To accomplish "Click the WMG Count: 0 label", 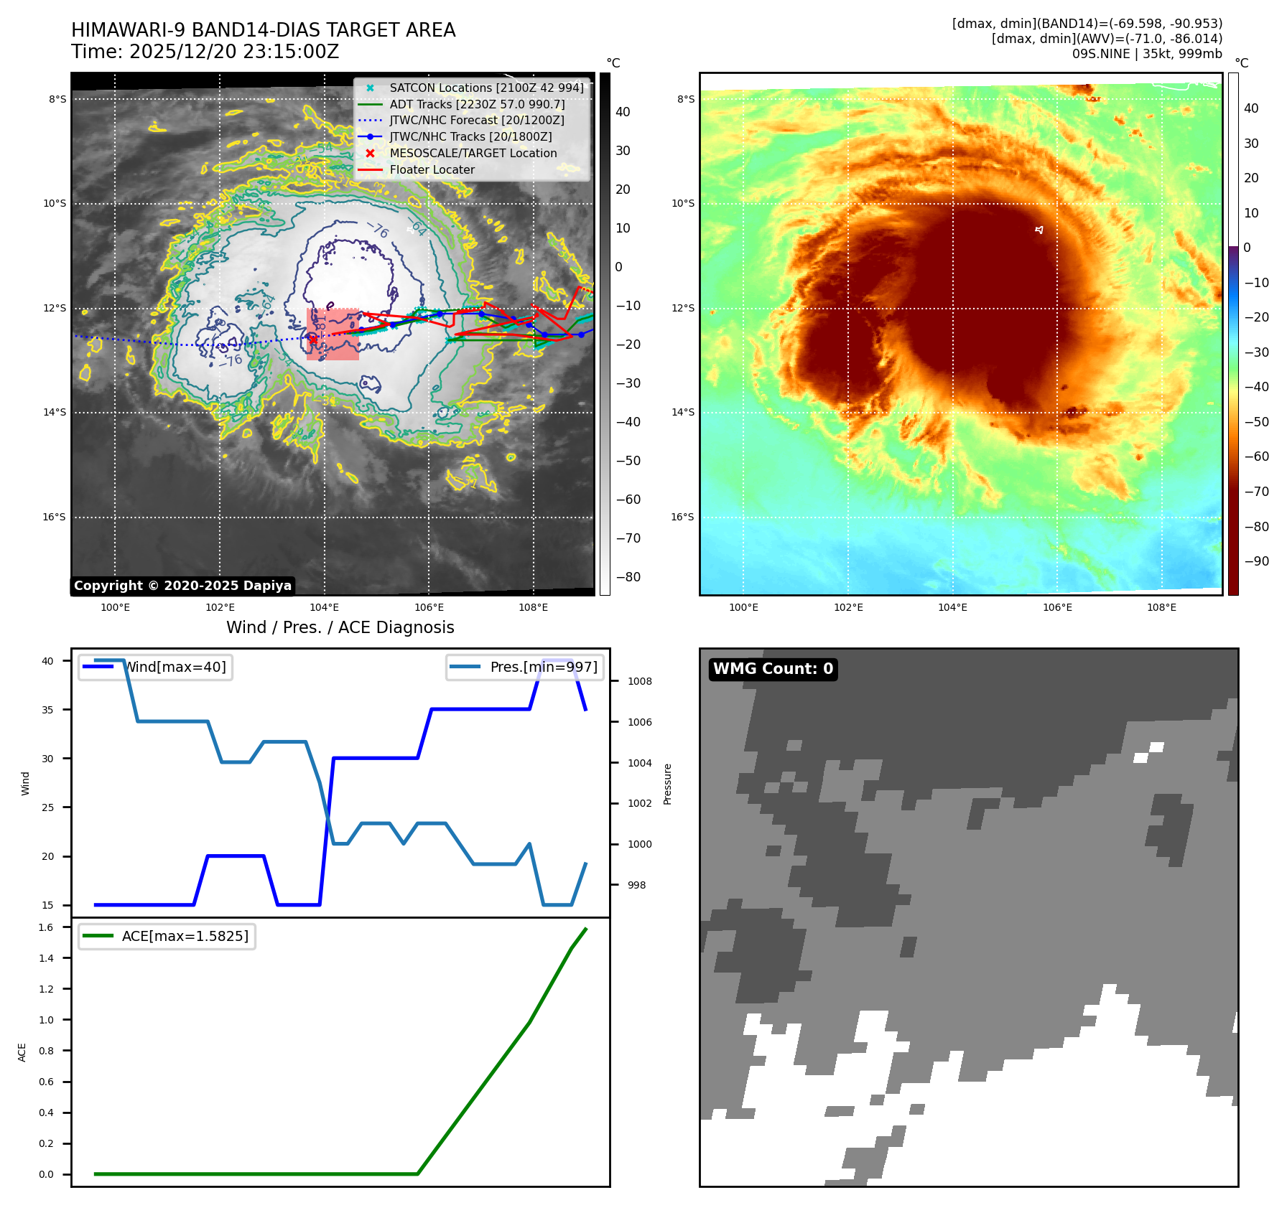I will pyautogui.click(x=773, y=669).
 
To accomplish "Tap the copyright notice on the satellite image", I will pyautogui.click(x=182, y=586).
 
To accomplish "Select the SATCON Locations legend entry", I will pyautogui.click(x=486, y=88).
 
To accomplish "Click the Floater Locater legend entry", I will pyautogui.click(x=432, y=170).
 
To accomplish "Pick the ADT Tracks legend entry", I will pyautogui.click(x=477, y=104).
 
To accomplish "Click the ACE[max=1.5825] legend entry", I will pyautogui.click(x=185, y=936).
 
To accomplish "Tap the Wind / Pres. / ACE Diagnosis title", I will pyautogui.click(x=340, y=627).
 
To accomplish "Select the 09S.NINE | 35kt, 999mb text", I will pyautogui.click(x=1146, y=54).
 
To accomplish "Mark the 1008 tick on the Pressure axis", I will pyautogui.click(x=639, y=681).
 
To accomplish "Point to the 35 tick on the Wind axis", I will pyautogui.click(x=47, y=710).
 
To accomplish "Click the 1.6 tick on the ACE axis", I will pyautogui.click(x=46, y=927).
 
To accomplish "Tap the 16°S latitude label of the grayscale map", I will pyautogui.click(x=54, y=517).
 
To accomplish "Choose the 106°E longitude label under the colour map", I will pyautogui.click(x=1057, y=607).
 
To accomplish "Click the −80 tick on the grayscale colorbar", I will pyautogui.click(x=622, y=577).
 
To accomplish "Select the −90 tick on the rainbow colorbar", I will pyautogui.click(x=1256, y=561).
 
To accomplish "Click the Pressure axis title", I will pyautogui.click(x=667, y=784).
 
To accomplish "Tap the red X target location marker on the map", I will pyautogui.click(x=312, y=339).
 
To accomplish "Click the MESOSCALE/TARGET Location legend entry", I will pyautogui.click(x=473, y=154).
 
